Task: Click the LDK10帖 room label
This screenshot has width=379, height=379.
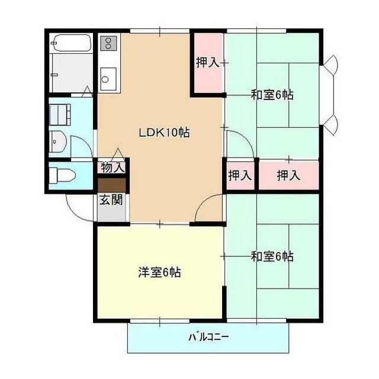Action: (164, 133)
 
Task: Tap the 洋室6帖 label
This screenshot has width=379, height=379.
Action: (159, 272)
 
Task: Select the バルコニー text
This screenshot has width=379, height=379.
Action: (208, 337)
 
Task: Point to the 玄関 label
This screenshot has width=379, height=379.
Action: (111, 200)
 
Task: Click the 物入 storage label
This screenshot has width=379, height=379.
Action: (113, 167)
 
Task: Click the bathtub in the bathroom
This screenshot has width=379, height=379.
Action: (71, 43)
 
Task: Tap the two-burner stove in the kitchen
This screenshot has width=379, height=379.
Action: (108, 43)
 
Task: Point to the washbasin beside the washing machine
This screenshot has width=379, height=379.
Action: (58, 142)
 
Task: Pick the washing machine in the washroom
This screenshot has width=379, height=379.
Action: (60, 114)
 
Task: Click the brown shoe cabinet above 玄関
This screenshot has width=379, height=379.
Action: (112, 185)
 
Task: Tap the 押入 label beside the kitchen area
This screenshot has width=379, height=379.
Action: (208, 62)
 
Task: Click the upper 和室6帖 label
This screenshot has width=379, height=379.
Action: (272, 95)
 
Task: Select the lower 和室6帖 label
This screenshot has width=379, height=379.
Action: (272, 256)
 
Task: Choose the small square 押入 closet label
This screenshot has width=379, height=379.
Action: (240, 175)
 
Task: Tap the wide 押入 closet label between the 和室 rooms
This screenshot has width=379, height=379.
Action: (288, 175)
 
